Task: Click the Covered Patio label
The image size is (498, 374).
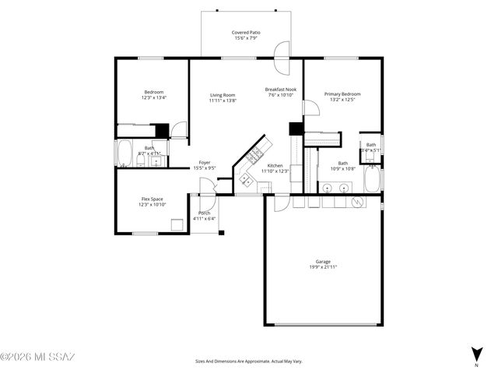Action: (246, 33)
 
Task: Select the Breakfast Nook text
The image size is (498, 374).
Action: (280, 90)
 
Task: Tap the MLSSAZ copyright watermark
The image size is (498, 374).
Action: (37, 358)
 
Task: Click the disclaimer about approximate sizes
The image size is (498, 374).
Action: (248, 362)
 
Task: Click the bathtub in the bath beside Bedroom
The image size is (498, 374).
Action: (124, 153)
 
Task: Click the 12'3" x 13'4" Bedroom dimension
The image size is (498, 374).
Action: (153, 98)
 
